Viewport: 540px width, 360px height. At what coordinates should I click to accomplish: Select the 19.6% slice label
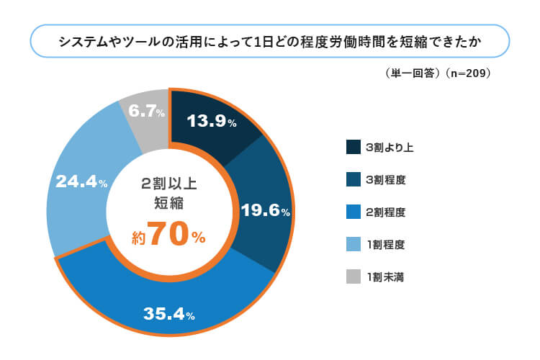[x=265, y=211]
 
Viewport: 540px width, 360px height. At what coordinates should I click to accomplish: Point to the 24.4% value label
[x=81, y=182]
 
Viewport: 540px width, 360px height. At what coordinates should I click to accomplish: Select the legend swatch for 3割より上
[x=354, y=147]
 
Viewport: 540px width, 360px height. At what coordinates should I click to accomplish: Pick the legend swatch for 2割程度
[x=354, y=212]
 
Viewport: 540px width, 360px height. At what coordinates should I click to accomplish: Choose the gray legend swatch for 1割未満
[x=354, y=276]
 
